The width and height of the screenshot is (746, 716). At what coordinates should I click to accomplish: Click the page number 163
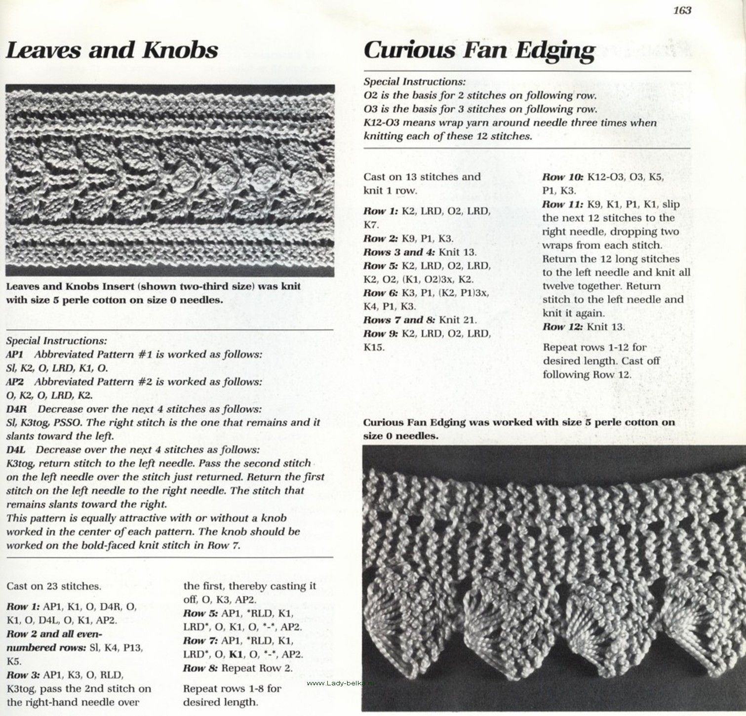[x=682, y=10]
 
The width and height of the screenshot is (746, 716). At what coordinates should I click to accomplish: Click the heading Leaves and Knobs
[x=112, y=50]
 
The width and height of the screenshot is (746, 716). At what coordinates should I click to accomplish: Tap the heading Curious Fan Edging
[x=479, y=50]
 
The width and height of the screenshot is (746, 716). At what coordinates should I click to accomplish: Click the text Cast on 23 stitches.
[x=54, y=586]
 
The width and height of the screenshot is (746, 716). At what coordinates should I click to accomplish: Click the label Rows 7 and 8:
[x=399, y=320]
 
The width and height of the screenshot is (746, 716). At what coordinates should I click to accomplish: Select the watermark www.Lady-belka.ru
[x=341, y=683]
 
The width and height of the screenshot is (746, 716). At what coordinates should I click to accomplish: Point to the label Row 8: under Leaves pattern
[x=200, y=669]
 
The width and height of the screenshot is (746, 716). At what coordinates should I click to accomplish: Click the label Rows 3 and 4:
[x=400, y=252]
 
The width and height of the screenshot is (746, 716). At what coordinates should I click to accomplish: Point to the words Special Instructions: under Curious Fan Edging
[x=414, y=82]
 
